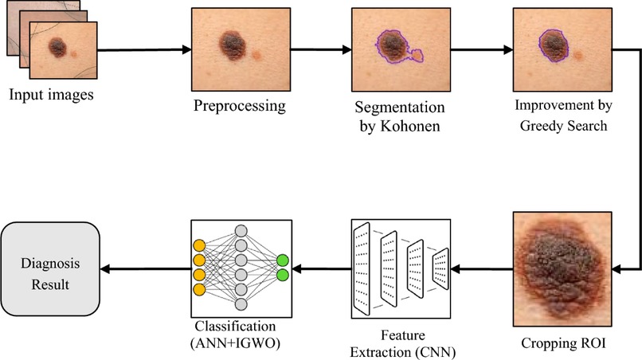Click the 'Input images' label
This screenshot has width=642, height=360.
51,96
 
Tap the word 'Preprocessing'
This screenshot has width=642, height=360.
239,106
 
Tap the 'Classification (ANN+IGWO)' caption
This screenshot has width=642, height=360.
238,335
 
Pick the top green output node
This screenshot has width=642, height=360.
282,260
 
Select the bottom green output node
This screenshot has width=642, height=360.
282,275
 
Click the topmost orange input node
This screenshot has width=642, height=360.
200,244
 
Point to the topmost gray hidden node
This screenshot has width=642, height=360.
241,229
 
